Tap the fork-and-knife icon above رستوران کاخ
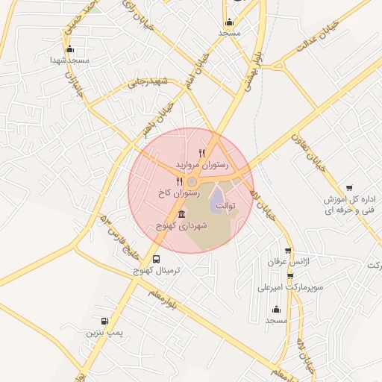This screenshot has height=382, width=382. click(x=179, y=181)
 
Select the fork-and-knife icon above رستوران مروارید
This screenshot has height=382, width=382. click(x=201, y=152)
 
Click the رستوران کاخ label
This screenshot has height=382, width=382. click(x=178, y=192)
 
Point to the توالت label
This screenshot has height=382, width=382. click(x=225, y=204)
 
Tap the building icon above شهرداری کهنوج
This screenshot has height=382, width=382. click(x=182, y=215)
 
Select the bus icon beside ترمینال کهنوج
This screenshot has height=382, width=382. click(x=155, y=259)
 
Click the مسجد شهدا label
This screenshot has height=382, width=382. click(x=69, y=59)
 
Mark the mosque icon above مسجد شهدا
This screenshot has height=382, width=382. click(x=69, y=48)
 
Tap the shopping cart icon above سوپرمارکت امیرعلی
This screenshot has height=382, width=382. click(x=290, y=276)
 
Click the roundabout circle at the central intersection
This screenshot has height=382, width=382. click(x=192, y=181)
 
